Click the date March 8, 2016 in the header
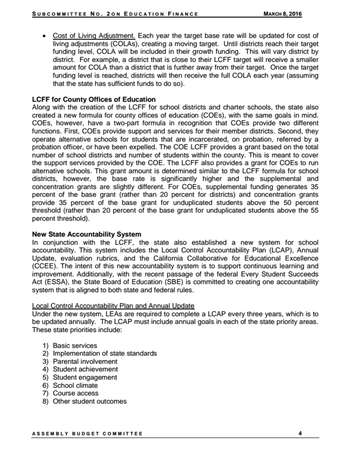(282, 14)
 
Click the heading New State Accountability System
(86, 234)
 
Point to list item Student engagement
(85, 377)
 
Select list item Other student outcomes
(90, 401)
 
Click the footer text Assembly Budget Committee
(87, 434)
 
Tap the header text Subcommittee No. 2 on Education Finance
(115, 14)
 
